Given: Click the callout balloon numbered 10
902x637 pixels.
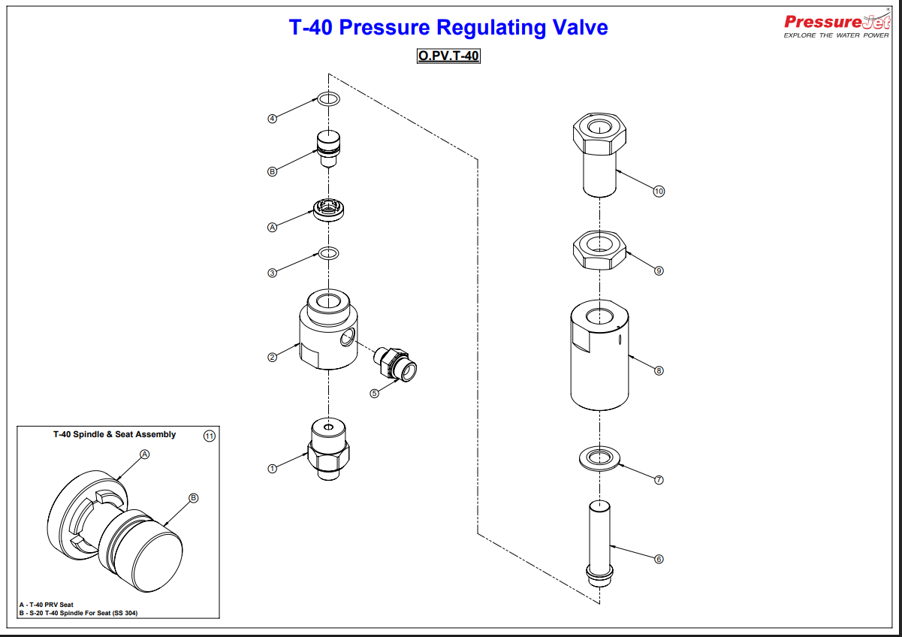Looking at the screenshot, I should point(659,192).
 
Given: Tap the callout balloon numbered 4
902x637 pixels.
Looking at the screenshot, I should point(273,118).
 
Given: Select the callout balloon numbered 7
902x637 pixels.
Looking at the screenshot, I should point(659,479).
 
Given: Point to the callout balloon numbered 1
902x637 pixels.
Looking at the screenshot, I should point(273,468).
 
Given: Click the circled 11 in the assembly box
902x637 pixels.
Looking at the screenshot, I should point(210,436).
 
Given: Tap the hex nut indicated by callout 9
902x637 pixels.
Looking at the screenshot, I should point(599,251).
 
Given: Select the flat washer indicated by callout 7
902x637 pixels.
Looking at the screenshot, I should point(599,457).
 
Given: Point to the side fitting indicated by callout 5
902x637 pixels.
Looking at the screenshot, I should point(396,363).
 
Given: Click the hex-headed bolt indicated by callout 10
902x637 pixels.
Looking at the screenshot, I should point(599,154).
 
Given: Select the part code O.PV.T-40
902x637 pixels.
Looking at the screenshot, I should point(448,56).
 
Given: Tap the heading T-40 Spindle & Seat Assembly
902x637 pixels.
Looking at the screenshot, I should point(114,434).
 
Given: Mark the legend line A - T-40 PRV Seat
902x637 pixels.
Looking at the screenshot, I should point(47,604).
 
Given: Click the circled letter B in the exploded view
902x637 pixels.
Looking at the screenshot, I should point(273,171).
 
